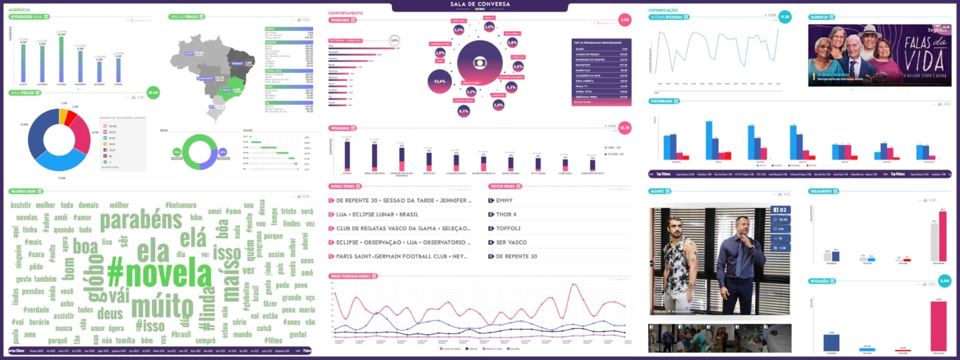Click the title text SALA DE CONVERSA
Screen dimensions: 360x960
480,4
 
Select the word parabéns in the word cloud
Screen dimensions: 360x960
140,221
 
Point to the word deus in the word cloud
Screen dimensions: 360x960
110,313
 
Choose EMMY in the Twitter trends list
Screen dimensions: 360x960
504,200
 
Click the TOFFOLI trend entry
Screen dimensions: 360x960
508,229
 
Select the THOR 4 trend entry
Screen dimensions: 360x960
506,214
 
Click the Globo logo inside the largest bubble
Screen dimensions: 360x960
479,62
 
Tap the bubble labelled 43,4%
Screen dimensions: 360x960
440,81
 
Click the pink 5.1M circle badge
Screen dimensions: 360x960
625,20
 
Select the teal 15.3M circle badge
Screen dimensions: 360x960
785,17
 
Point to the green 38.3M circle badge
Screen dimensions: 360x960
153,93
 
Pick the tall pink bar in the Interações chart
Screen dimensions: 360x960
938,324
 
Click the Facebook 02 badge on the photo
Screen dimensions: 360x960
780,210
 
